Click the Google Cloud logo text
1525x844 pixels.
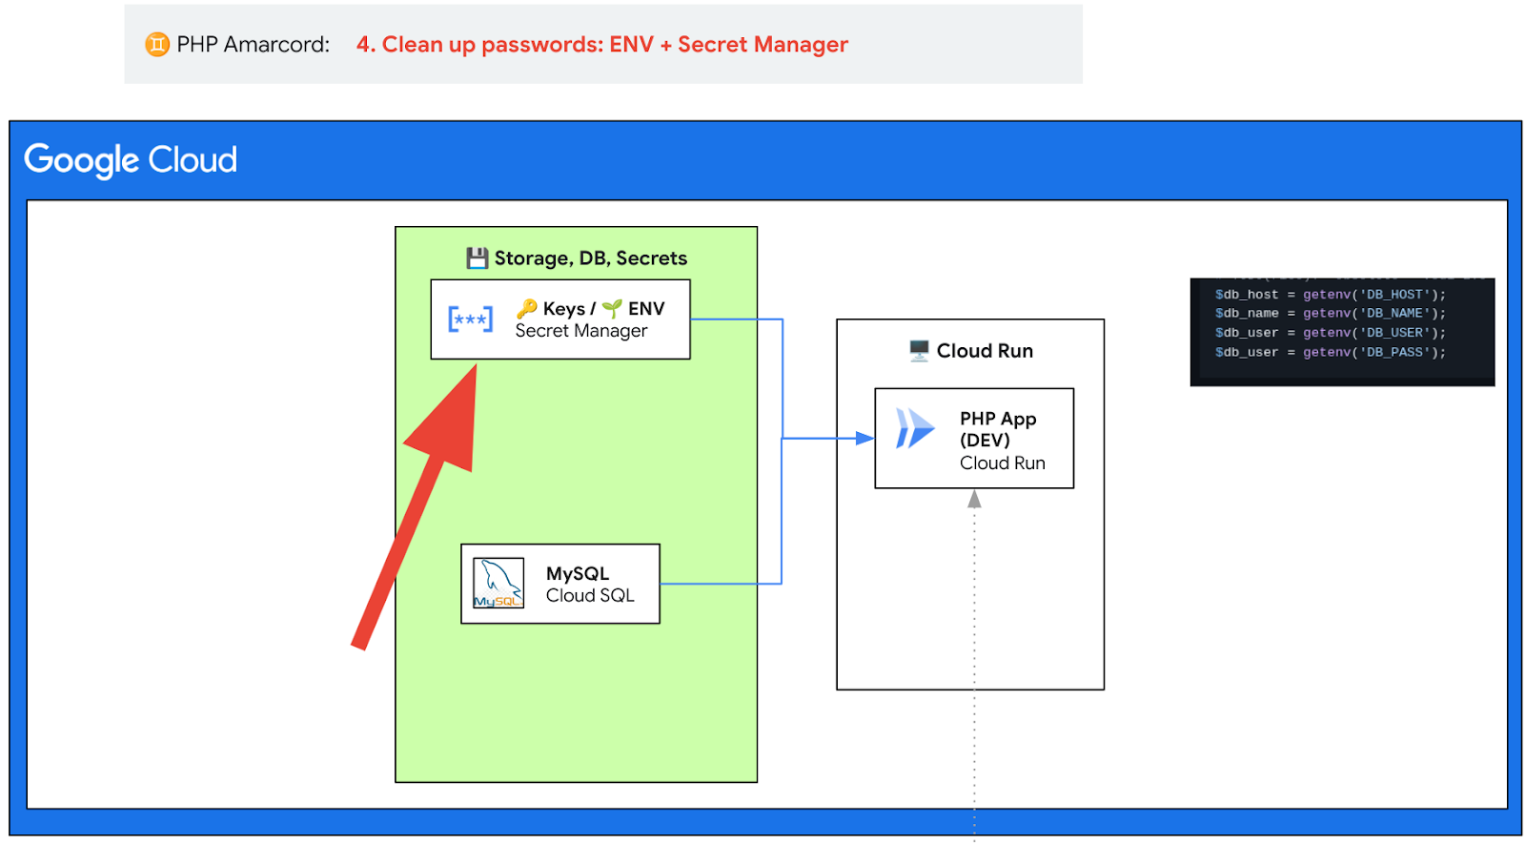point(131,160)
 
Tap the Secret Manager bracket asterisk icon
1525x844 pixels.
point(471,319)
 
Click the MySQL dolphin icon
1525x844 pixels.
point(498,583)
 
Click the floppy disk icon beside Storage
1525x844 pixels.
point(477,257)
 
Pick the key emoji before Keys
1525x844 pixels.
point(527,308)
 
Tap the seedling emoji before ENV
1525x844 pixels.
point(612,308)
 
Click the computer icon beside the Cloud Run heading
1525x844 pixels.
point(919,350)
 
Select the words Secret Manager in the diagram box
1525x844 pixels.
point(581,331)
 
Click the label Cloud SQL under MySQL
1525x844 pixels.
point(590,595)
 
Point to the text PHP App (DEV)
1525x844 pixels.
point(998,429)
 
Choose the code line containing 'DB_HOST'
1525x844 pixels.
point(1330,295)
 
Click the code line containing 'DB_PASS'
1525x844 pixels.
point(1330,352)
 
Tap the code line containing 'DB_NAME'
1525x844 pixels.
point(1330,313)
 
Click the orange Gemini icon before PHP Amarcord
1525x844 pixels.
point(157,44)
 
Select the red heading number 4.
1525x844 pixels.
point(363,45)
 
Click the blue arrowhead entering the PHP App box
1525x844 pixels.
point(864,439)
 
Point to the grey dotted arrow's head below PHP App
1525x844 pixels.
point(974,499)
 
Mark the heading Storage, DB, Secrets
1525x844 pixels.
point(590,258)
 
